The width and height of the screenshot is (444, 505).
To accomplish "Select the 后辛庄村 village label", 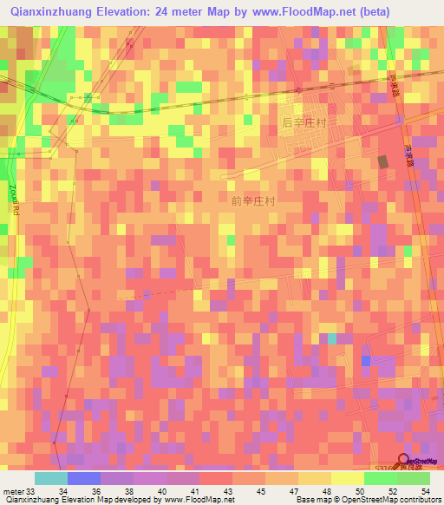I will pos(304,123).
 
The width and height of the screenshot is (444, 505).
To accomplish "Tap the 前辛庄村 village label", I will pos(253,200).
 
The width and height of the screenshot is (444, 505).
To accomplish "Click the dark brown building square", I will pos(383,161).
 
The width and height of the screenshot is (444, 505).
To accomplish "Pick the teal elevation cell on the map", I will pos(331,339).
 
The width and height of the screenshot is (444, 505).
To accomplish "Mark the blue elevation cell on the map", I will pos(366,359).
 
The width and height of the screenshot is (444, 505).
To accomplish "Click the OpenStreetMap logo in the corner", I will pos(419,462).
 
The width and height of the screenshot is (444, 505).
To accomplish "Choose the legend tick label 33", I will pos(31,490).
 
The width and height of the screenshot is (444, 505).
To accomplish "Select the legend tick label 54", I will pos(424,490).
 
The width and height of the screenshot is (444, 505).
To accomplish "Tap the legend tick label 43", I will pos(227,490).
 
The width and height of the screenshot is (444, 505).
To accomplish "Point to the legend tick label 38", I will pos(129,490).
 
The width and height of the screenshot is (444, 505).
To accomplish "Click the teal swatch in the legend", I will pos(51,478).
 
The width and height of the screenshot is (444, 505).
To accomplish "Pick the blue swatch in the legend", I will pos(84,478).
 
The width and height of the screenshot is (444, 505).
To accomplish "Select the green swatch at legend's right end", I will pos(413,478).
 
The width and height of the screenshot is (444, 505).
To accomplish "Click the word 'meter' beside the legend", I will pos(14,490).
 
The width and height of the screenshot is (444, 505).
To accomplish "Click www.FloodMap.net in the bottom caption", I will pos(193,500).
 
